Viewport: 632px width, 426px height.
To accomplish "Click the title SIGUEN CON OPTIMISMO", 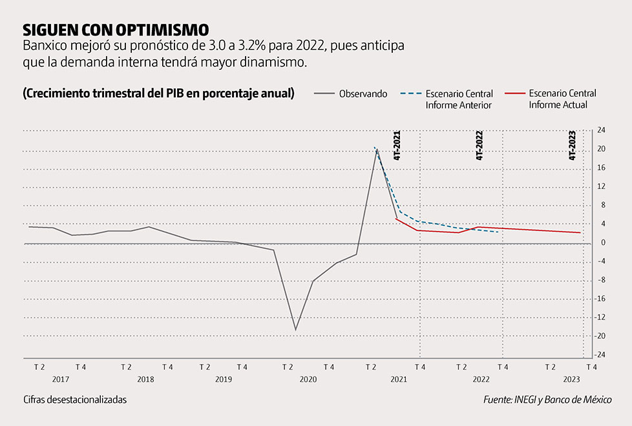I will pyautogui.click(x=116, y=30).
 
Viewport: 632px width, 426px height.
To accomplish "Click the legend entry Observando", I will pyautogui.click(x=363, y=94).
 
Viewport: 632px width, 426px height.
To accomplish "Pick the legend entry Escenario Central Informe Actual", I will pyautogui.click(x=562, y=99).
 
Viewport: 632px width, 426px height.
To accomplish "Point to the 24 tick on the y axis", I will pyautogui.click(x=601, y=130).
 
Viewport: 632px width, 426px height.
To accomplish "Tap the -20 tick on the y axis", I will pyautogui.click(x=600, y=336).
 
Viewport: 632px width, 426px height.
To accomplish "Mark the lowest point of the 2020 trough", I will pyautogui.click(x=296, y=330).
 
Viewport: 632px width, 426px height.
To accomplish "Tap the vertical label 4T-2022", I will pyautogui.click(x=479, y=145).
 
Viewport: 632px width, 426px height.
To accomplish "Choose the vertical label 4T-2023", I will pyautogui.click(x=572, y=145).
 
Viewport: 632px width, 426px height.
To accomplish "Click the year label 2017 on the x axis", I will pyautogui.click(x=61, y=380).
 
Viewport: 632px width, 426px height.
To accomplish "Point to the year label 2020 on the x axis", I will pyautogui.click(x=308, y=380).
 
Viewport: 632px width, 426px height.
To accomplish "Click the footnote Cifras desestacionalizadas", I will pyautogui.click(x=75, y=400).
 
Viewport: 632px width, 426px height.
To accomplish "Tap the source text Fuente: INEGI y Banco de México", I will pyautogui.click(x=547, y=400).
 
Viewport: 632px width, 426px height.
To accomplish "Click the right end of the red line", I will pyautogui.click(x=580, y=233).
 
